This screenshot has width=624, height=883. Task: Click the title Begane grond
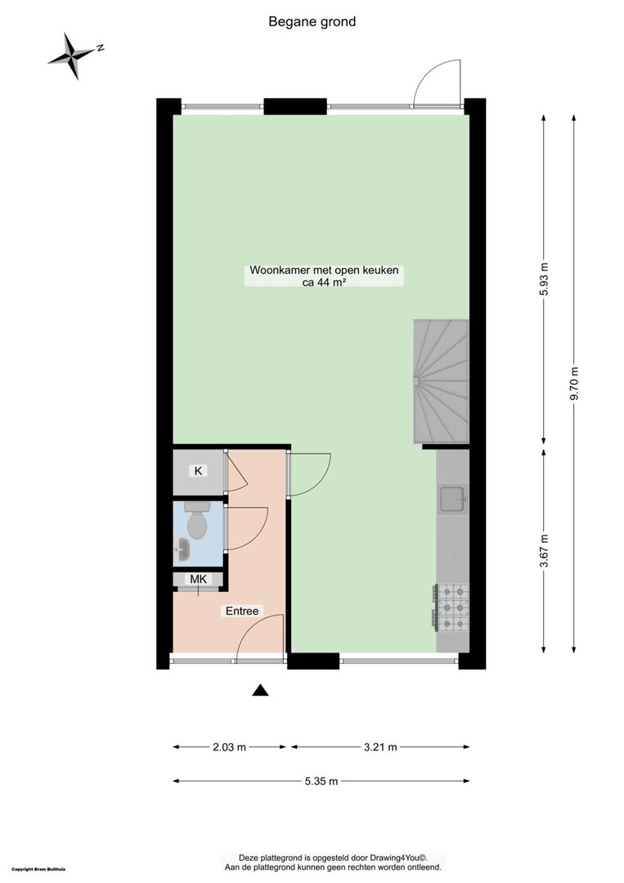pos(312,22)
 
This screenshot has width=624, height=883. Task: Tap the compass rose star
pos(73,56)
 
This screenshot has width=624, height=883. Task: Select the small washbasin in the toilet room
pos(182,549)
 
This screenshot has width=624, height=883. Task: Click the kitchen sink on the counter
pos(453,499)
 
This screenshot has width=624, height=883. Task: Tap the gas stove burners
pos(451,607)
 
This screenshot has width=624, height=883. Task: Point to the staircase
pos(441,381)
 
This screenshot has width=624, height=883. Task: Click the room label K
pos(198,471)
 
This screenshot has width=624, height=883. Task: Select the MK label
pos(198,579)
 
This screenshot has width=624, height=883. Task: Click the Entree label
pos(242,611)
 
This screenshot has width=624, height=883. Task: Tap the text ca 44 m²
pos(324,283)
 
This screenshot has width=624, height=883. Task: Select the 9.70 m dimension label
pos(574,383)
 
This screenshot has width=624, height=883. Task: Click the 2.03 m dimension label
pos(229,747)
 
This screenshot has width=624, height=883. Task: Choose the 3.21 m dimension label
pos(380,747)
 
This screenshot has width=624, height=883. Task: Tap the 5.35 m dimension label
pos(321,781)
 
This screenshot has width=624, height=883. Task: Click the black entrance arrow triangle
pos(259,690)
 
